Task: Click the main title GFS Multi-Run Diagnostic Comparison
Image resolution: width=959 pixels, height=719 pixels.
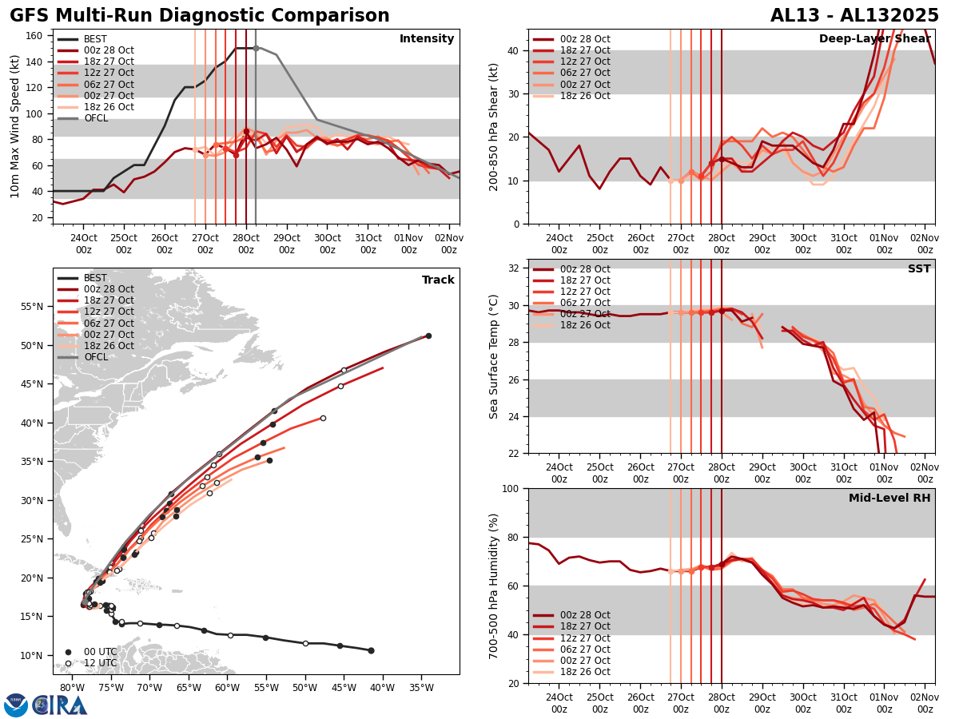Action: pyautogui.click(x=200, y=16)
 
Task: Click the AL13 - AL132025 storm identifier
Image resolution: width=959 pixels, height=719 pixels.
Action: pyautogui.click(x=854, y=16)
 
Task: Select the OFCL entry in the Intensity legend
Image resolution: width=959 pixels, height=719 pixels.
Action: pyautogui.click(x=95, y=118)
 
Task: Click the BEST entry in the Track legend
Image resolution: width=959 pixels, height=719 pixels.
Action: pyautogui.click(x=95, y=278)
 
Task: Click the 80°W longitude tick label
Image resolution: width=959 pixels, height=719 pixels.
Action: pyautogui.click(x=72, y=689)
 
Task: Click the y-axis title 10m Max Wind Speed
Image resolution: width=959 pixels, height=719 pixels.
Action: pyautogui.click(x=14, y=126)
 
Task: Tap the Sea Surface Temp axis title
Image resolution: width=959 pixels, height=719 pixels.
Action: pyautogui.click(x=494, y=356)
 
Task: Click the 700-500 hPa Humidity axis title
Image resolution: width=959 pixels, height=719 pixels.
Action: pyautogui.click(x=494, y=586)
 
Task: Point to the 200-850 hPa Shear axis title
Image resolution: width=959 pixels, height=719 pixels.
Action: pyautogui.click(x=494, y=126)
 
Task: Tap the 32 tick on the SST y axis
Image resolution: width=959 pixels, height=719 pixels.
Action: pyautogui.click(x=515, y=268)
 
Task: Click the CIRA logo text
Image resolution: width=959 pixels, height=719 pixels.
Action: pyautogui.click(x=61, y=705)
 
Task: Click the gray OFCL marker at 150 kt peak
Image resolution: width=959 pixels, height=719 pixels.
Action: pyautogui.click(x=256, y=48)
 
